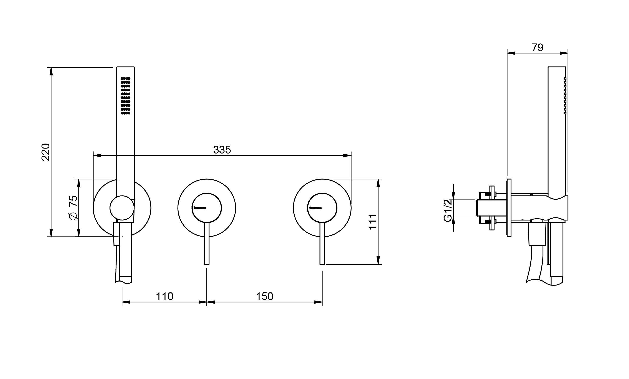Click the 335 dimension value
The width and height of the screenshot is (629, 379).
coord(222,150)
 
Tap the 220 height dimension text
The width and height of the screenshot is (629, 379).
coord(46,152)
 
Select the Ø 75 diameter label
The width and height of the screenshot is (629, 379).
coord(73,207)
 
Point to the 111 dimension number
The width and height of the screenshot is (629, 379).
coord(373,221)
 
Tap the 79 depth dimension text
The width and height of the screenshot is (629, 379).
coord(537,48)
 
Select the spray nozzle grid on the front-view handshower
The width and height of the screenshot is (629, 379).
coord(126,95)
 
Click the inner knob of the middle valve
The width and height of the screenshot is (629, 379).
coord(207,208)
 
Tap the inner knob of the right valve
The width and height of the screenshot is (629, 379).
coord(322,208)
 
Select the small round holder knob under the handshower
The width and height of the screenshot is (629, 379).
coord(122,208)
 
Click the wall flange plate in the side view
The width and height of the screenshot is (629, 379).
coord(509,208)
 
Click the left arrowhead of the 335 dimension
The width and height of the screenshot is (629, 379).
coord(97,155)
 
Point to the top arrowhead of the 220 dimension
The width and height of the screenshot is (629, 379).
coord(51,72)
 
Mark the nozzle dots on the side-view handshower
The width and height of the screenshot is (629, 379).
coord(565,95)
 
